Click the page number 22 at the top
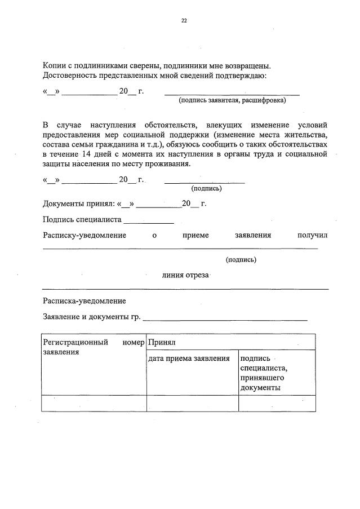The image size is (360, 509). click(x=184, y=20)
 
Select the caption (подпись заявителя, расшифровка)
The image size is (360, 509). click(x=232, y=101)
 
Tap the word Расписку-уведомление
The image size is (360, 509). click(x=85, y=235)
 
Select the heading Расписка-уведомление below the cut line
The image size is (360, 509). click(x=85, y=301)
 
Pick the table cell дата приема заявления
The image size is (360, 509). click(x=189, y=358)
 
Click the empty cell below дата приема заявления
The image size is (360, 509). click(x=192, y=404)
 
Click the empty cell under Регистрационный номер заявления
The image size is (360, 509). click(x=94, y=404)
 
